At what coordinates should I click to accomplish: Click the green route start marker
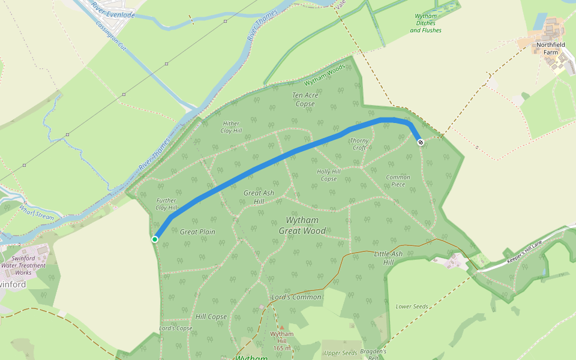(x=155, y=239)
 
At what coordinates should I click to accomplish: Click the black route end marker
(x=420, y=142)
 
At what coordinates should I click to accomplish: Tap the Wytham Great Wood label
(x=302, y=226)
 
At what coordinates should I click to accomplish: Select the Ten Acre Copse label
(x=305, y=99)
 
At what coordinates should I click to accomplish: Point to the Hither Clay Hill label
(x=231, y=127)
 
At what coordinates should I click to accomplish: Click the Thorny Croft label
(x=359, y=144)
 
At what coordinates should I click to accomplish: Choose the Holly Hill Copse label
(x=329, y=175)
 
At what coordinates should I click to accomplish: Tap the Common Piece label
(x=398, y=181)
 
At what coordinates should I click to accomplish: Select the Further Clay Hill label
(x=166, y=204)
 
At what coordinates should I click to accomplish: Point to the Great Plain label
(x=197, y=232)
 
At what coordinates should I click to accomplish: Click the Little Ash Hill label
(x=388, y=258)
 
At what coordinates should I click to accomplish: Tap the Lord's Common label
(x=296, y=297)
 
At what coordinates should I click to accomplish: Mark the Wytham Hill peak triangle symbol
(x=282, y=328)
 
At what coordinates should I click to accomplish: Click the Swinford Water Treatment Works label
(x=23, y=265)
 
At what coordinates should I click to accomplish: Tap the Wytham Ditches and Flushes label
(x=425, y=23)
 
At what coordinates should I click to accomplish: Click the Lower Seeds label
(x=412, y=307)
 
